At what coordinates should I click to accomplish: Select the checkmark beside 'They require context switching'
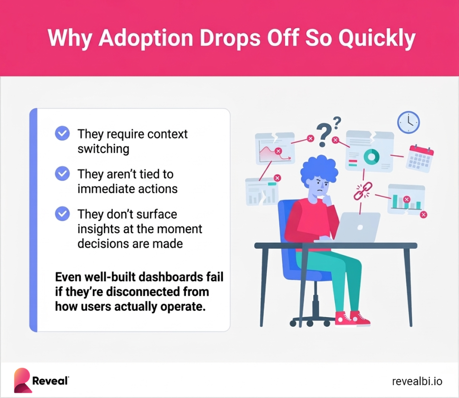[x=62, y=133]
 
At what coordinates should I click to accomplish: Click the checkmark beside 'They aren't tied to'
[x=62, y=173]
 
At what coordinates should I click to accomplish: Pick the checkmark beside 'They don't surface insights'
[x=62, y=213]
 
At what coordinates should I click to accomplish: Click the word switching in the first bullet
[x=103, y=149]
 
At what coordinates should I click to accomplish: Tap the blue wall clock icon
[x=408, y=122]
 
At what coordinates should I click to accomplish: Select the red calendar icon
[x=419, y=158]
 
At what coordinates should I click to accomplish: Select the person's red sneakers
[x=352, y=318]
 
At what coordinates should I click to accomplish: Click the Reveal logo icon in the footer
[x=22, y=380]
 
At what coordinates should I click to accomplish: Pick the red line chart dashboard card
[x=274, y=149]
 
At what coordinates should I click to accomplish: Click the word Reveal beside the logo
[x=50, y=381]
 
